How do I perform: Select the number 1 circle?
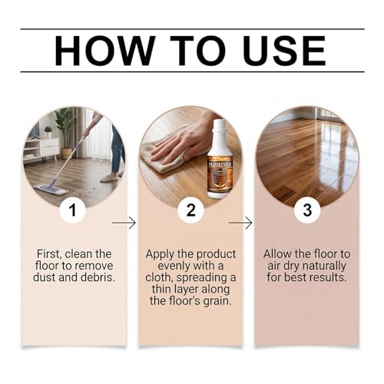(72, 210)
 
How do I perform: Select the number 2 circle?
(190, 210)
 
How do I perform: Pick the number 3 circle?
(308, 210)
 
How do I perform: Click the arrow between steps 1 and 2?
(124, 223)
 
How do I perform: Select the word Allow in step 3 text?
(279, 253)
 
